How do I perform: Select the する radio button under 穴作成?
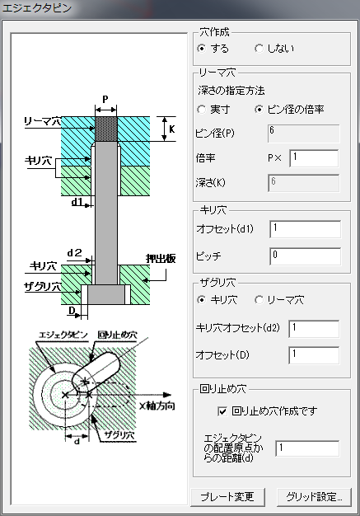point(202,49)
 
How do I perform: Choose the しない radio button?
point(259,49)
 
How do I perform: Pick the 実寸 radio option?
point(202,110)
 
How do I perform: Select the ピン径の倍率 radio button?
point(259,110)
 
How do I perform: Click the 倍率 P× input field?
point(314,158)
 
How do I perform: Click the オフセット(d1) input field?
point(305,229)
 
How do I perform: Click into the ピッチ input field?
point(305,256)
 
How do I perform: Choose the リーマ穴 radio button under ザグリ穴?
point(259,300)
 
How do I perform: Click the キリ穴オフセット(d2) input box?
point(314,329)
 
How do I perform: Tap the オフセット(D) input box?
point(314,355)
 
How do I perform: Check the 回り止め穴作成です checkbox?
point(222,411)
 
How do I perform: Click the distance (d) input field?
point(307,449)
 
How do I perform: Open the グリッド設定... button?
point(314,497)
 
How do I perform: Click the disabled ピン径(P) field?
point(304,134)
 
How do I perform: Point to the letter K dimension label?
point(171,129)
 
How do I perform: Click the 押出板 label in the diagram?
point(161,259)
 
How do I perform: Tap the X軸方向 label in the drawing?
point(157,406)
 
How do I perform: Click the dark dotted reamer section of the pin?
point(106,129)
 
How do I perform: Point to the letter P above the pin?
point(105,99)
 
